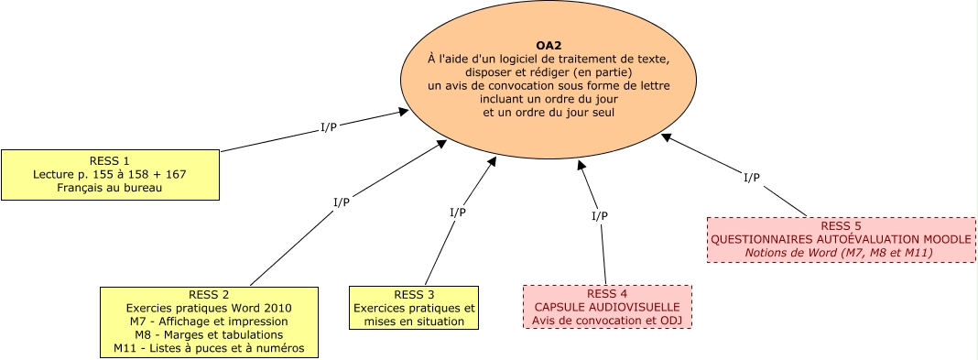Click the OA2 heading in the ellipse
(x=549, y=45)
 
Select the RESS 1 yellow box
(x=110, y=174)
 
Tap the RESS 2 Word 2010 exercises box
(x=209, y=322)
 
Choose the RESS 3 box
(x=414, y=308)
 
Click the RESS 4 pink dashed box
(x=607, y=306)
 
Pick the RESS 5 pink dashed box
(x=840, y=239)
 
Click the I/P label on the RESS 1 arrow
(x=328, y=126)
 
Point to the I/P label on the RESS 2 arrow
(x=341, y=201)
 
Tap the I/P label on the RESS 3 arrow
(x=458, y=212)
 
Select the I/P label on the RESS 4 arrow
(x=599, y=216)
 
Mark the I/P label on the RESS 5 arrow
(x=751, y=177)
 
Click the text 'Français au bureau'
(x=110, y=188)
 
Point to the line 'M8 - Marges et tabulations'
(x=209, y=335)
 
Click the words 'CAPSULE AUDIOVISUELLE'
(x=607, y=307)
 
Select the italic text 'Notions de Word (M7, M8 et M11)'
(x=840, y=252)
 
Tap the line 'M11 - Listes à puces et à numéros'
(x=209, y=348)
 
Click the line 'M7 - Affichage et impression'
(x=209, y=322)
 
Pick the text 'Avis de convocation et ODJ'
(x=607, y=321)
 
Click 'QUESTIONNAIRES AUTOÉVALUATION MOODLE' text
(x=840, y=239)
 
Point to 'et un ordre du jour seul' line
(x=549, y=112)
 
